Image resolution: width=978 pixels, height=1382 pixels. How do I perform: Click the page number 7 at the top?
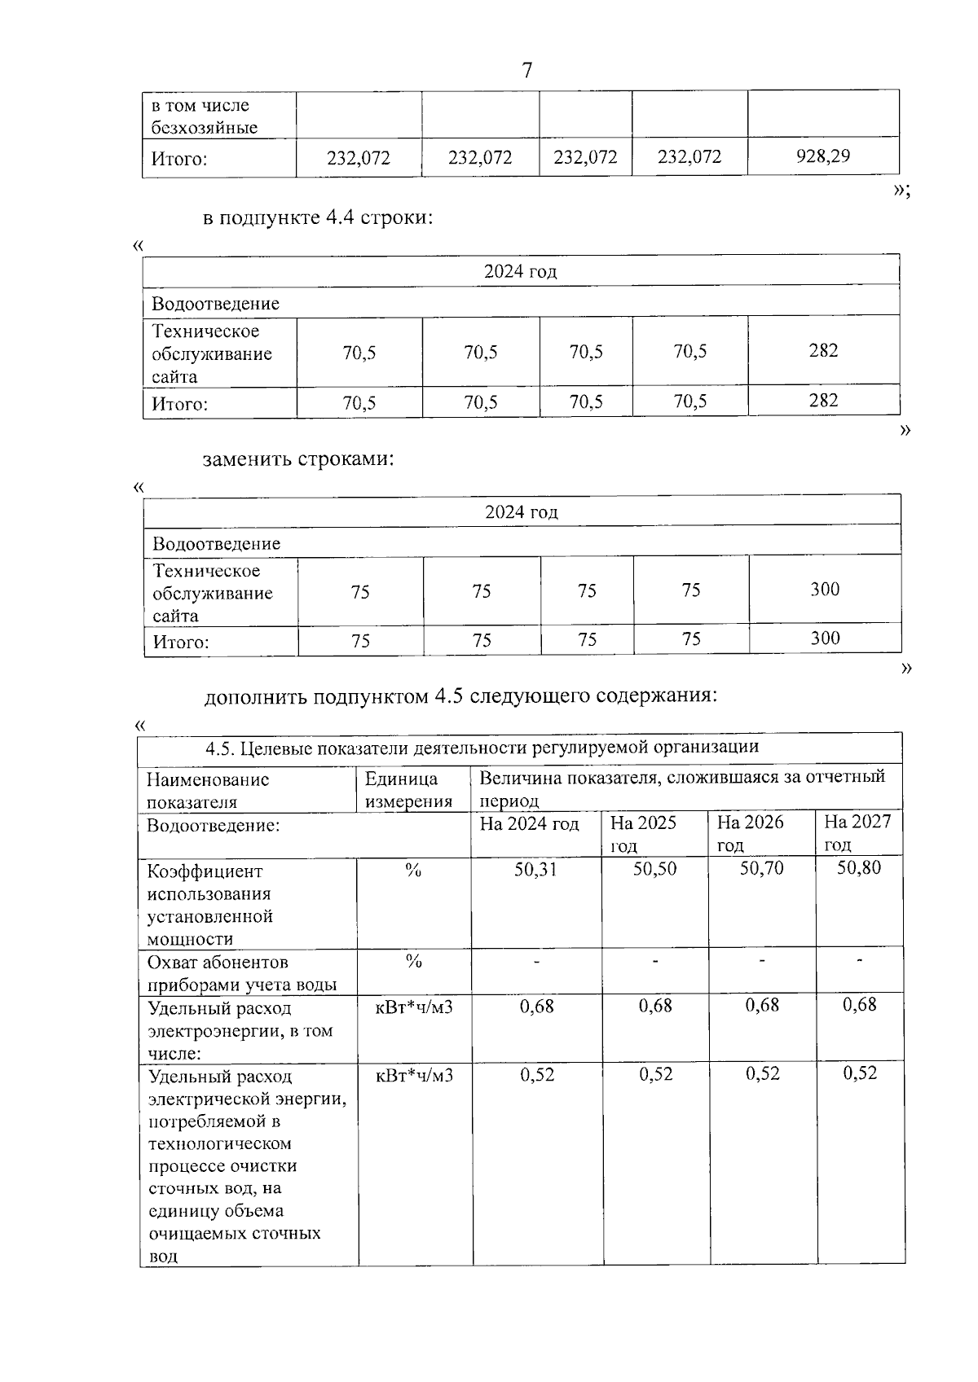coord(526,71)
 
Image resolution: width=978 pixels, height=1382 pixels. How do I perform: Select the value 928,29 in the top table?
coord(823,156)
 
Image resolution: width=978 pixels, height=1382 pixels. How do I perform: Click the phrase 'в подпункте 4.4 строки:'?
coord(318,218)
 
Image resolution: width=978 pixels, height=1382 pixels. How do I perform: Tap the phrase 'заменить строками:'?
coord(298,458)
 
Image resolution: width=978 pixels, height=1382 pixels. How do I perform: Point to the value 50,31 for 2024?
coord(535,869)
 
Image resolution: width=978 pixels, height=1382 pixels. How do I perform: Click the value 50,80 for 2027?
coord(859,867)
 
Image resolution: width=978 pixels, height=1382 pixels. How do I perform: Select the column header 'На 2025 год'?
coord(643,833)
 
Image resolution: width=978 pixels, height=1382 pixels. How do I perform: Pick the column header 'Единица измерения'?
coord(408,790)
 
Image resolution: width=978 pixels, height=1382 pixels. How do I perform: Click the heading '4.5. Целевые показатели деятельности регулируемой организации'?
coord(482,747)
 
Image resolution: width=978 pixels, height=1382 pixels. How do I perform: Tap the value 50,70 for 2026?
coord(761,868)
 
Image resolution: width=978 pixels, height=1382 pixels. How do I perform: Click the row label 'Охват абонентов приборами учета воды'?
coord(242,973)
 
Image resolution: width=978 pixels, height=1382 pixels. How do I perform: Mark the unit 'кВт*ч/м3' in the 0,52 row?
coord(414,1075)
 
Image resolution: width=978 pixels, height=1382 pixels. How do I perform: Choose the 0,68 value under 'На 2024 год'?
coord(536,1006)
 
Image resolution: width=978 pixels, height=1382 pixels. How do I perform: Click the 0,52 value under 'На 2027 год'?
coord(860,1073)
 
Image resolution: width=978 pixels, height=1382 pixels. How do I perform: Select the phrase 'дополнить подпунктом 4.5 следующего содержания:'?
coord(460,697)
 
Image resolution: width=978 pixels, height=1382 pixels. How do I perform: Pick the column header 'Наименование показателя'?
coord(208,790)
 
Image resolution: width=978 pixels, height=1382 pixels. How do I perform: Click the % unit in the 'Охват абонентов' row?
coord(413,962)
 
